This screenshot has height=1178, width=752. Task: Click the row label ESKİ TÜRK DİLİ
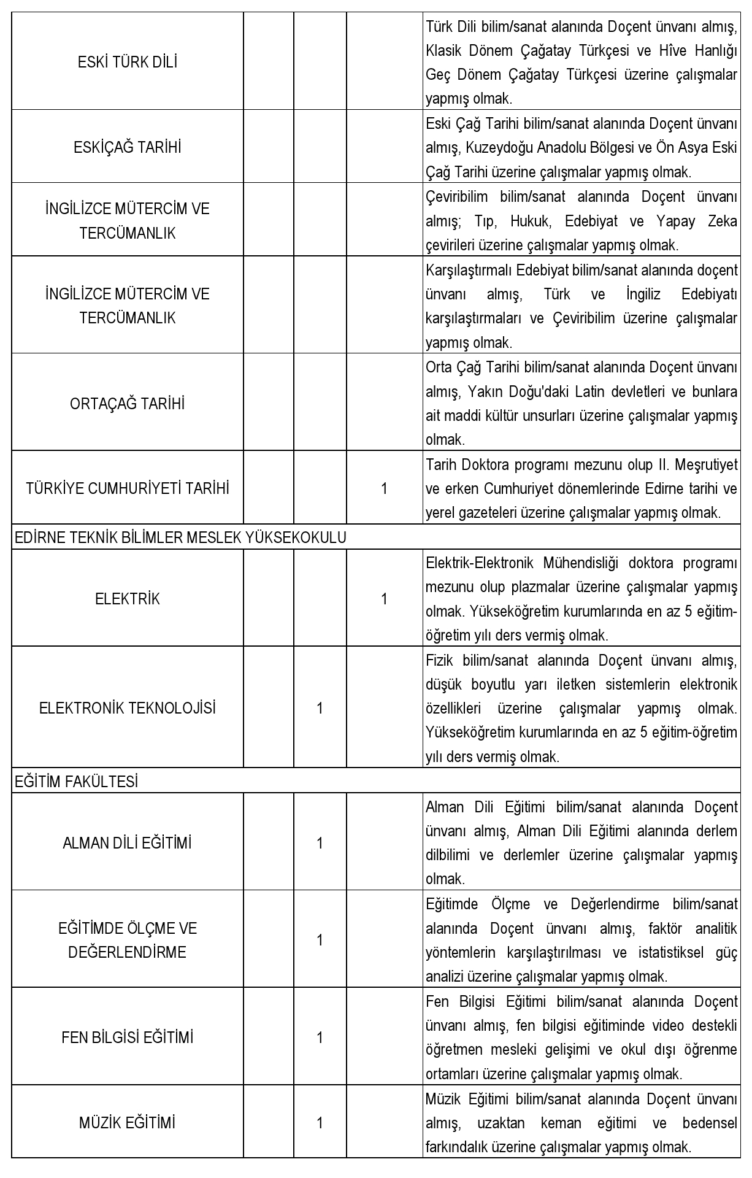coord(128,62)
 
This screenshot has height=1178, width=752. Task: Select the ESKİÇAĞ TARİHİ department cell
coord(128,147)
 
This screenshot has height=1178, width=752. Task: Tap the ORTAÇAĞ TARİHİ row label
coord(128,404)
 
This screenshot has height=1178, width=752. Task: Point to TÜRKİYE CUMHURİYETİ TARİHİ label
coord(128,488)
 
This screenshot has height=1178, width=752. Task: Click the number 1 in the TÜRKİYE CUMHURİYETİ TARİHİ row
coord(384,488)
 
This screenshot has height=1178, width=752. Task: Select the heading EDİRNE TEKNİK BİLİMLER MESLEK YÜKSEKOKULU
coord(180,537)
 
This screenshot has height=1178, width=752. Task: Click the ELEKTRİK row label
coord(128,599)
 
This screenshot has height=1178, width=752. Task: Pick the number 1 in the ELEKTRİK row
coord(384,599)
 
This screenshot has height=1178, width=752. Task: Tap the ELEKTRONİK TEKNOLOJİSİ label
coord(128,708)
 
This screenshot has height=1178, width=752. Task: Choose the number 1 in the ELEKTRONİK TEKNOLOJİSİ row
coord(320,708)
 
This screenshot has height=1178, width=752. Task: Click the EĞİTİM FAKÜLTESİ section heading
coord(76,782)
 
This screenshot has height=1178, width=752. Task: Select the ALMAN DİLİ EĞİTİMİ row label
coord(128,843)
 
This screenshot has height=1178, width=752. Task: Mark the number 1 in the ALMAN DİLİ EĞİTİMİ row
coord(320,843)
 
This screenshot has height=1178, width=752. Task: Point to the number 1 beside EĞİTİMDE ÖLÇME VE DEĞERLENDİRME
coord(320,940)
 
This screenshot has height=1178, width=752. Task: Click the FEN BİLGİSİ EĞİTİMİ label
coord(128,1037)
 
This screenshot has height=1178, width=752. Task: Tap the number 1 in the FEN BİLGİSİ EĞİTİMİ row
coord(320,1037)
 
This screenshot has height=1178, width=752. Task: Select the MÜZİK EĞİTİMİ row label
coord(128,1123)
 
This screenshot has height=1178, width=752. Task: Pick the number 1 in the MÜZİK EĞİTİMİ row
coord(320,1123)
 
